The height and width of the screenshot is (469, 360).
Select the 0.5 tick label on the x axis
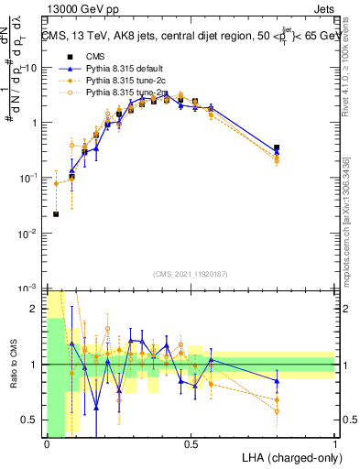pos(191,444)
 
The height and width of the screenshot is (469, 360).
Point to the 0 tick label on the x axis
pos(47,444)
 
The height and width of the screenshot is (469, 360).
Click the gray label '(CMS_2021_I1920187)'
pos(191,273)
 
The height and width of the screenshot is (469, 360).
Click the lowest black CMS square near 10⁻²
pos(56,214)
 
